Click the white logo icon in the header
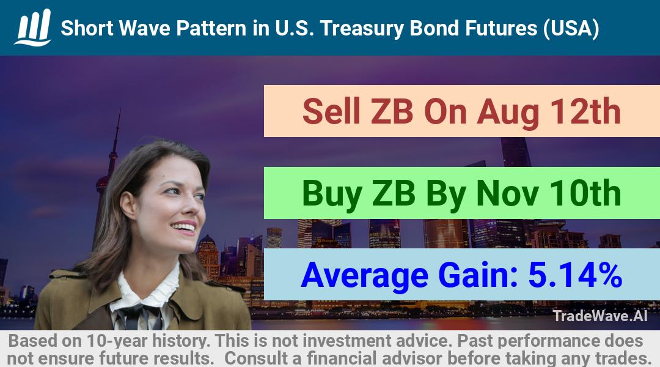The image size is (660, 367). pos(33,27)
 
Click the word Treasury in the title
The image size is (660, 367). pos(362,29)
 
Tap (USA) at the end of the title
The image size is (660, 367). pos(571,29)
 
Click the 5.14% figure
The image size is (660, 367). pos(575,275)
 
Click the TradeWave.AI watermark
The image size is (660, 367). pos(600,316)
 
